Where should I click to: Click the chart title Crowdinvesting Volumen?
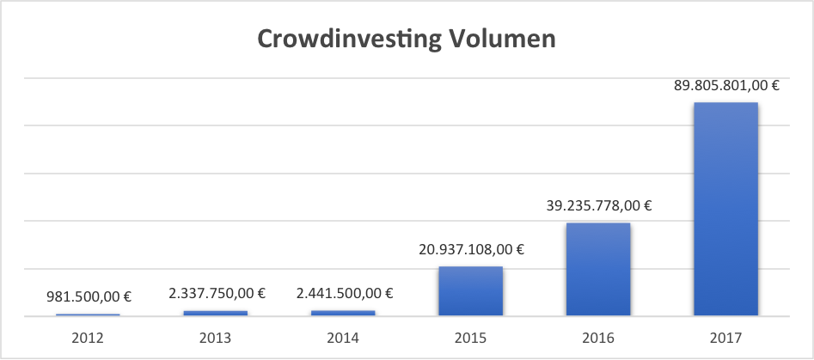(x=407, y=40)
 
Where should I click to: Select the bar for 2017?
(x=725, y=209)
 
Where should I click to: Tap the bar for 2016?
(x=597, y=269)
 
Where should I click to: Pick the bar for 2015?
(x=470, y=291)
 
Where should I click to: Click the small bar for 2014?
(x=343, y=313)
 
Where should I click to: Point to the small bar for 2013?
(x=215, y=313)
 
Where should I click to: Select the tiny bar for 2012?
(x=88, y=314)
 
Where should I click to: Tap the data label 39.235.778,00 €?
(x=598, y=205)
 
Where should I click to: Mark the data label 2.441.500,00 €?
(x=343, y=294)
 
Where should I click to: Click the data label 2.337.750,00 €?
(x=216, y=294)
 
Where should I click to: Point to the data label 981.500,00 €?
(x=88, y=297)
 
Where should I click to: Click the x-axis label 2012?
(x=88, y=338)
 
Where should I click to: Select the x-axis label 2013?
(x=215, y=338)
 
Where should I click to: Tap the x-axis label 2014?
(x=343, y=338)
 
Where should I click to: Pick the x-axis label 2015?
(x=470, y=338)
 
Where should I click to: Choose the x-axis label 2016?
(x=597, y=338)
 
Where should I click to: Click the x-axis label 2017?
(x=725, y=338)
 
